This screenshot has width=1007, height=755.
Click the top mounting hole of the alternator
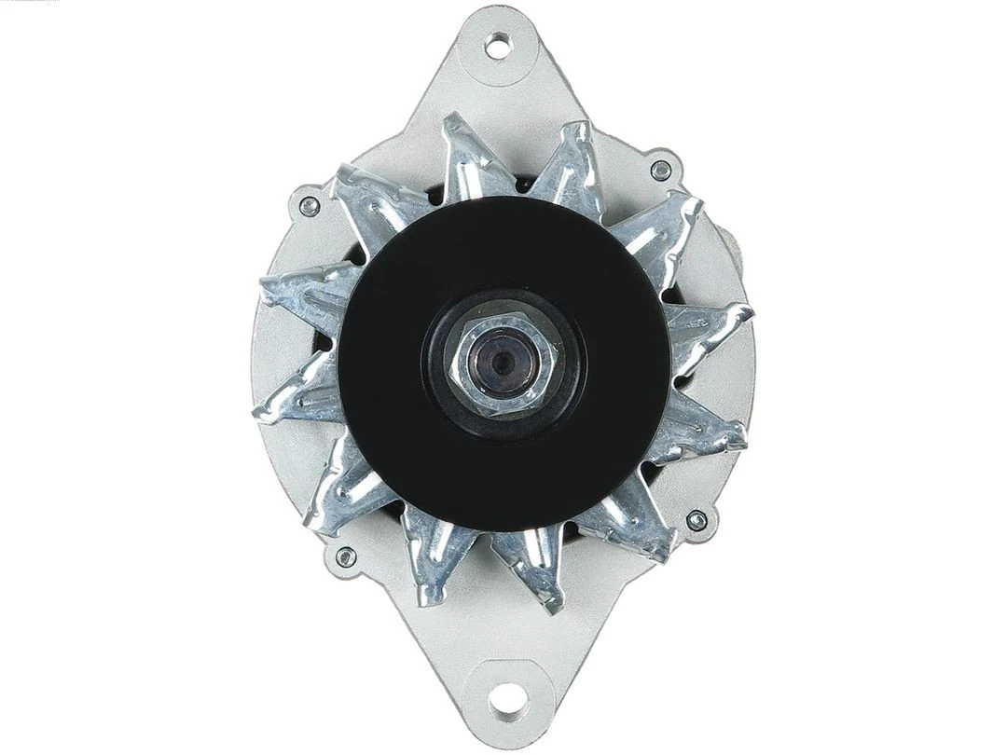pos(499,44)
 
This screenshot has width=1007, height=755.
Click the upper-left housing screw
pos(309,206)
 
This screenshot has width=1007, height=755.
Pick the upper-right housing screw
pos(660,171)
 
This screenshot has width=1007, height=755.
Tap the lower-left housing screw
pos(345,556)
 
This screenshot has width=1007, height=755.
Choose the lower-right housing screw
pos(696,520)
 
